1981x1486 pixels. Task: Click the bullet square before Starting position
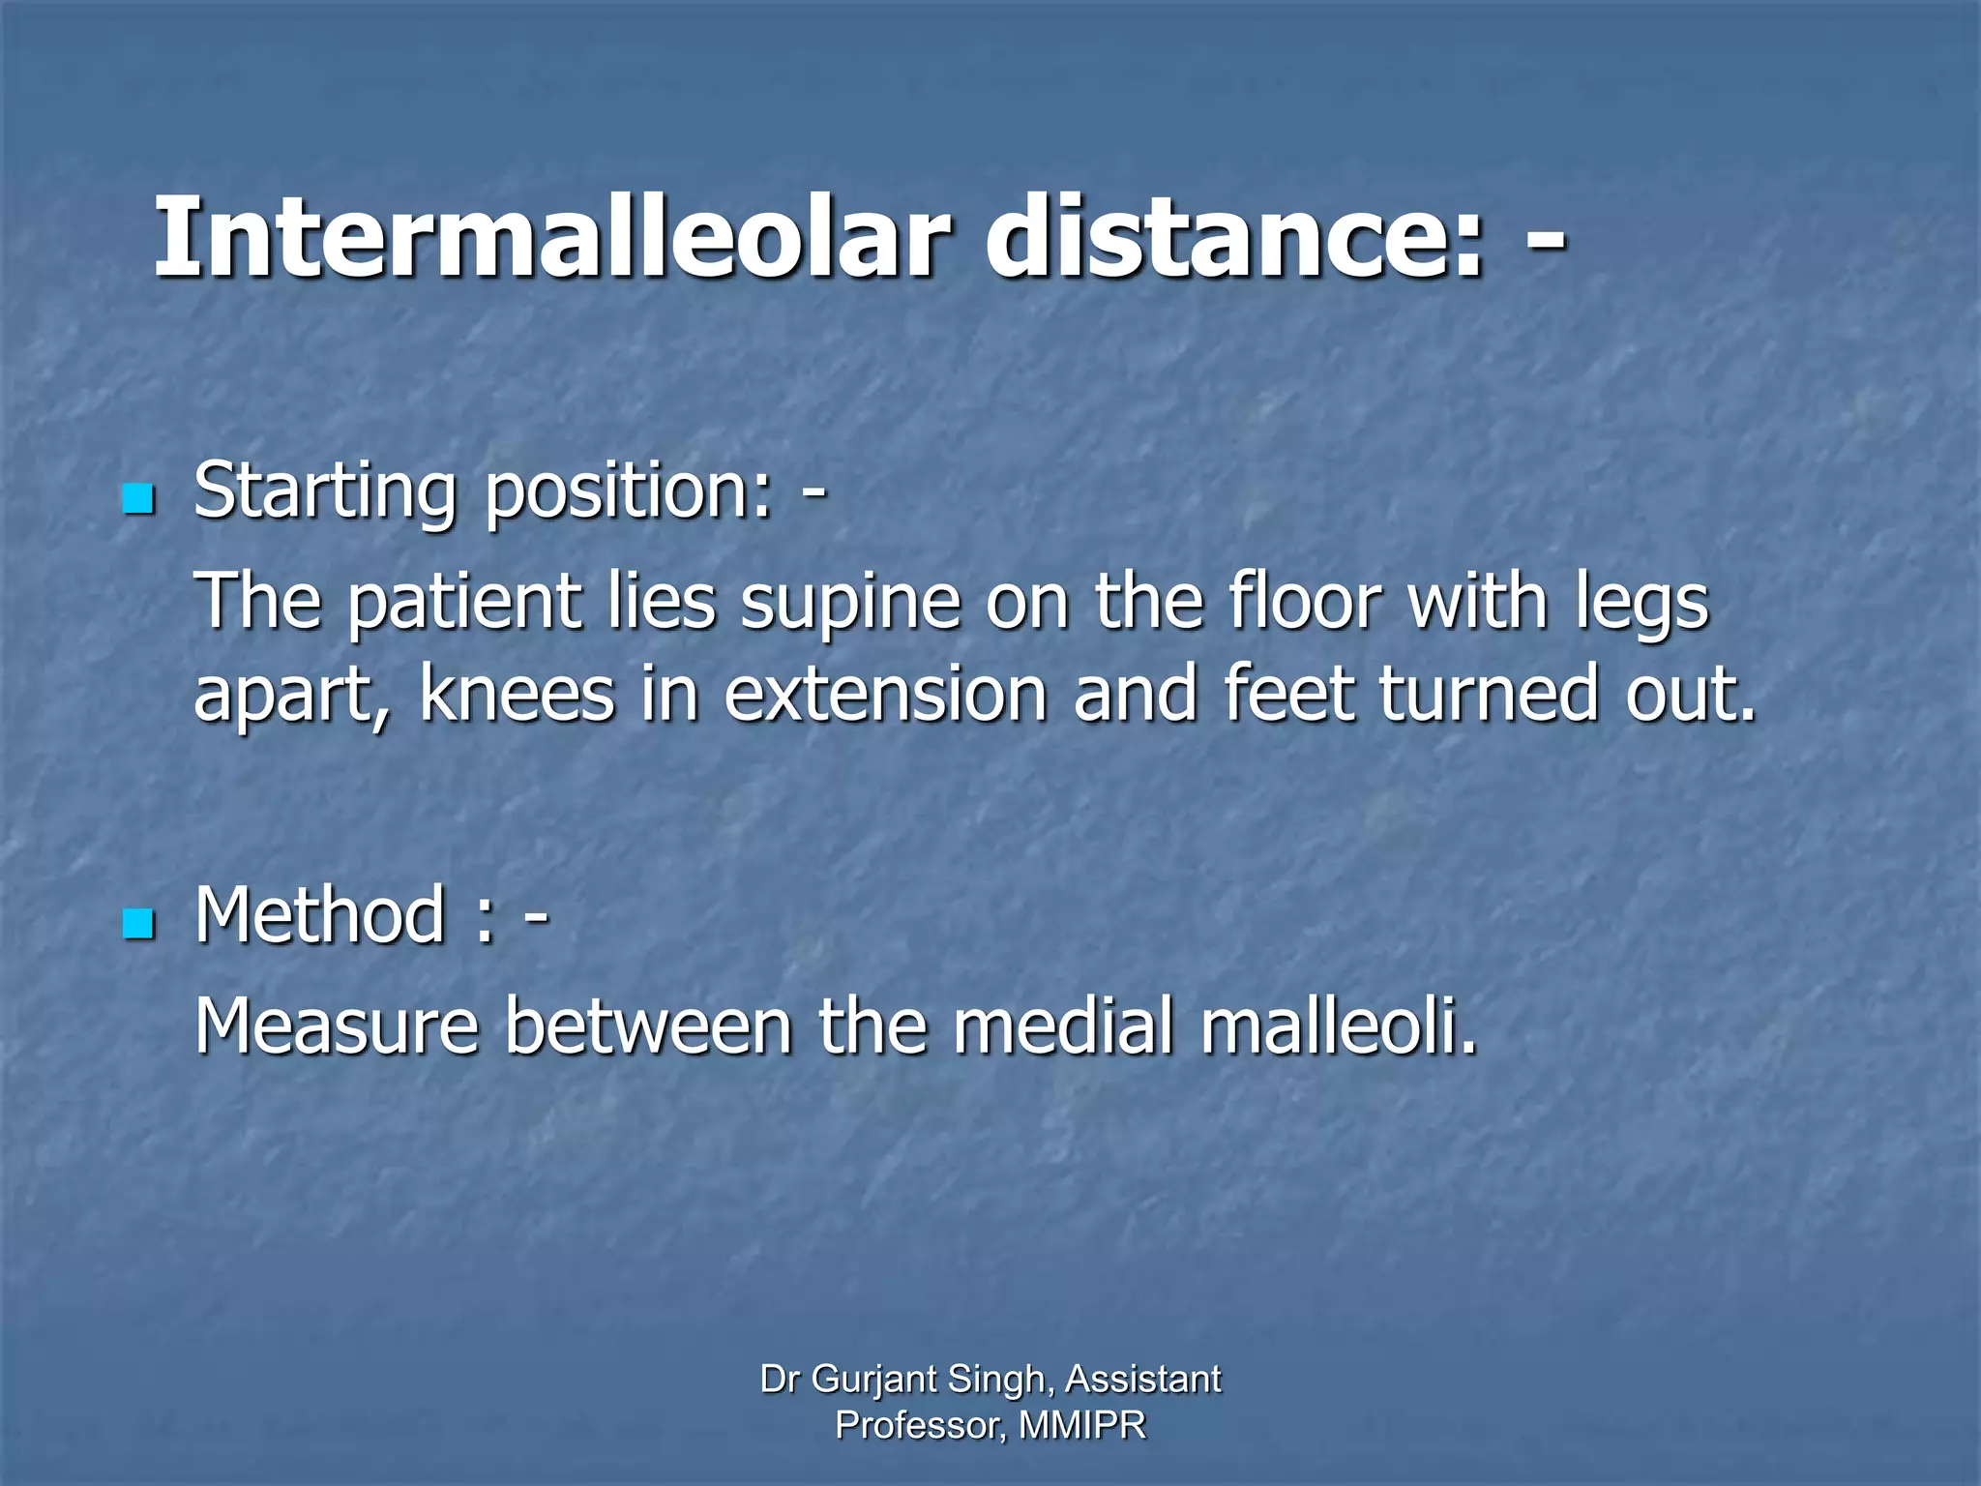(139, 499)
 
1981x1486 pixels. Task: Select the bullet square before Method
(139, 924)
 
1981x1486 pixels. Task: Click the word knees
(517, 695)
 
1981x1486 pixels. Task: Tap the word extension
(885, 695)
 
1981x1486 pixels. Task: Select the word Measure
(337, 1025)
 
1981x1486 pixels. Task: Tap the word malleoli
(1339, 1025)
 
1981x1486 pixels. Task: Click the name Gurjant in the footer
(874, 1380)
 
